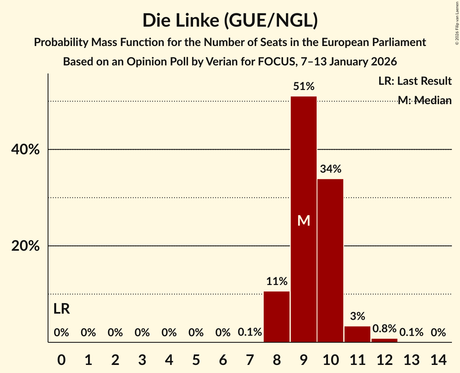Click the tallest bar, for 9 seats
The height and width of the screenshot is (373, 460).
pos(304,161)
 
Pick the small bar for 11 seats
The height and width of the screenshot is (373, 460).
pos(357,334)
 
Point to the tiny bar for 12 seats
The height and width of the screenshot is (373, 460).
pos(384,340)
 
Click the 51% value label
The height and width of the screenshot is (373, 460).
pos(304,86)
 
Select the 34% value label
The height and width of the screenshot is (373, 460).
pos(330,169)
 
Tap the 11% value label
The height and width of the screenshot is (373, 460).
pos(277,281)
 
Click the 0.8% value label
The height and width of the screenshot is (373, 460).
pos(384,329)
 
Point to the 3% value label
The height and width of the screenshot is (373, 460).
pos(357,316)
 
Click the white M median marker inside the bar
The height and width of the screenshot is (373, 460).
pos(304,220)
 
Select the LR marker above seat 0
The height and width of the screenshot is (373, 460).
pos(61,309)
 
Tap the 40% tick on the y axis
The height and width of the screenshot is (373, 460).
pos(25,150)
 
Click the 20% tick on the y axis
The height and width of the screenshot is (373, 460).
pos(25,246)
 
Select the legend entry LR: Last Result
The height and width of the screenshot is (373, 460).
pos(415,81)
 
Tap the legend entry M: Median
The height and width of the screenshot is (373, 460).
pos(424,101)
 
